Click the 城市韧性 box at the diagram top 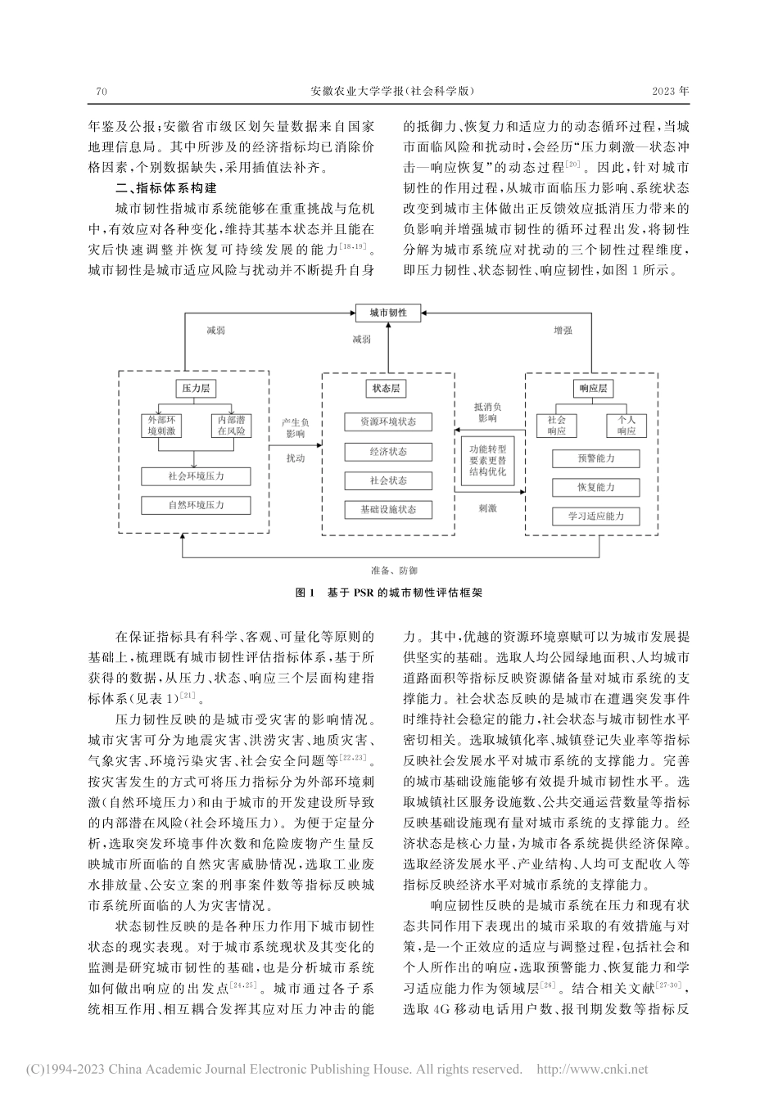click(388, 313)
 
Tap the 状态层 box click(388, 389)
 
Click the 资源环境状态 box click(387, 422)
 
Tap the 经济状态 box click(387, 451)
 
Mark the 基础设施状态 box click(387, 509)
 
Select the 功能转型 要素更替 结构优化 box click(488, 460)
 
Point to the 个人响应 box click(626, 425)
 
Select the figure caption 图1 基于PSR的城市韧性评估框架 click(388, 593)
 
